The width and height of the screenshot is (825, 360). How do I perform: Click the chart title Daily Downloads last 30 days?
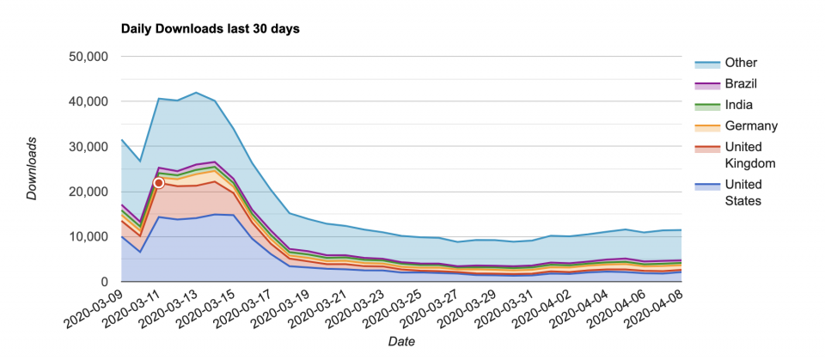pos(210,28)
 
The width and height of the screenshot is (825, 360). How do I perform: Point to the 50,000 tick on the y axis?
pos(87,57)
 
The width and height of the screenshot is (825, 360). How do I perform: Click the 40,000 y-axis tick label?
pos(87,101)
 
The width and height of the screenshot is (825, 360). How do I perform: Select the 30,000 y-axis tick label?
pos(87,147)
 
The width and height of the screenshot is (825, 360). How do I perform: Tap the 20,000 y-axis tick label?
pos(87,192)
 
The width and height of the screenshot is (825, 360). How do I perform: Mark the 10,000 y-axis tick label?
pos(87,237)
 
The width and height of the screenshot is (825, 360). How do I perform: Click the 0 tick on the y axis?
pos(102,282)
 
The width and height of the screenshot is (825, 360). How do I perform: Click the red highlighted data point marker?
pos(159,183)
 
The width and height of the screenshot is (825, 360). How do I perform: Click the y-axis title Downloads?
pos(32,168)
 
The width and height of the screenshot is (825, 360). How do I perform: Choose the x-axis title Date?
pos(401,342)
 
